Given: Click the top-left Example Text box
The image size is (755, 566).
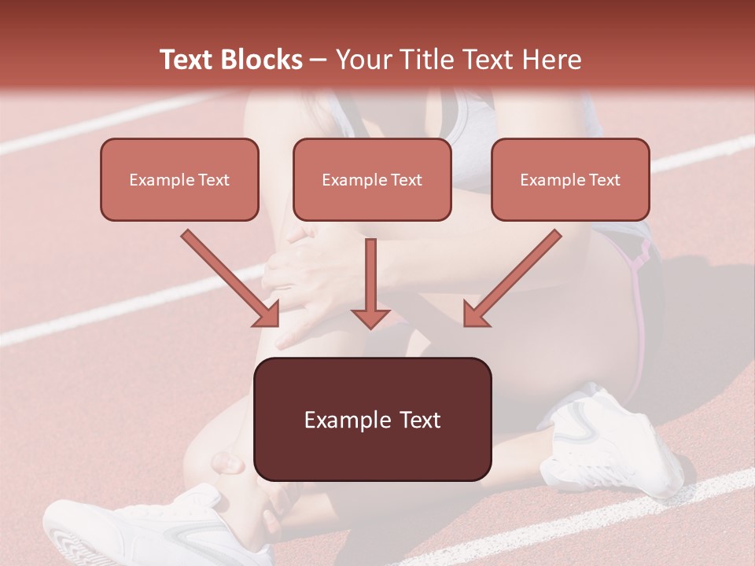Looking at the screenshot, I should point(179,179).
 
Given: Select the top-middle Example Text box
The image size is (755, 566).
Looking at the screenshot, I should point(372,179).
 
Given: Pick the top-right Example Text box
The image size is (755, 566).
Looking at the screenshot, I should point(570,179).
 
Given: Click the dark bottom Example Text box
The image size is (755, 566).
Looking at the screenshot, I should point(372,419).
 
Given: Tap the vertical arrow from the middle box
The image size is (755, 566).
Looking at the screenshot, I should point(370,279).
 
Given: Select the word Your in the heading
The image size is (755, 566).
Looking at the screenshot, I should point(360,60).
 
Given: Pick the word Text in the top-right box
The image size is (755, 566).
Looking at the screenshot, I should point(604,179).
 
